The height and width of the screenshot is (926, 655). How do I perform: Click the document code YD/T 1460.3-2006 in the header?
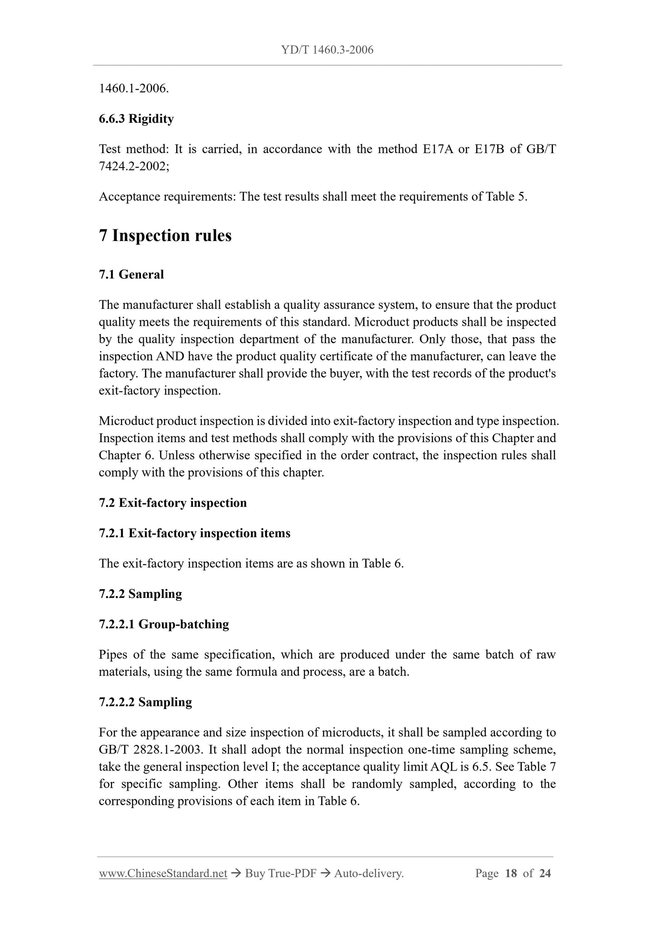point(327,50)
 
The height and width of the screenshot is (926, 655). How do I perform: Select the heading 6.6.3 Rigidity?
point(136,119)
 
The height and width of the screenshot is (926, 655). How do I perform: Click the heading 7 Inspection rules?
point(165,236)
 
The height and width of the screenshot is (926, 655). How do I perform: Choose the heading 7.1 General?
point(131,275)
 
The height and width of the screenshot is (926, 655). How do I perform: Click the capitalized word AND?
point(170,357)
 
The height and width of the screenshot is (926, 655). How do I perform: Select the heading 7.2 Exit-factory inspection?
point(173,503)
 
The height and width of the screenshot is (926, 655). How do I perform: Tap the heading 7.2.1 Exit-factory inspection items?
point(194,534)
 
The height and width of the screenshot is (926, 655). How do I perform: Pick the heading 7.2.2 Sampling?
point(140,594)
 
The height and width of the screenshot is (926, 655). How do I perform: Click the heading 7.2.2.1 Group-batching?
point(164,625)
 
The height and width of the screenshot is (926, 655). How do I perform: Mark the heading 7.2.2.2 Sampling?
point(145,703)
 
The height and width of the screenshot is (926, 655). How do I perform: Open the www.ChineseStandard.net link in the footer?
point(163,873)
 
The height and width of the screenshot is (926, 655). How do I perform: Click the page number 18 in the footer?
point(510,873)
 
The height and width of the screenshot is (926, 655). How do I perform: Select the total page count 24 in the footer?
point(545,873)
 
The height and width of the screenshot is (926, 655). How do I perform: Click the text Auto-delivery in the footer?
point(368,873)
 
